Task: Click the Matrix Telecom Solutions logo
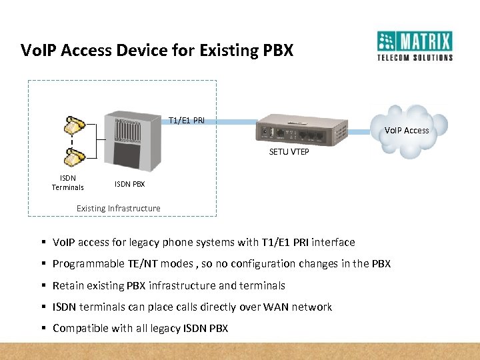(414, 45)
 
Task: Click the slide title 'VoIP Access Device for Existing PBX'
(157, 50)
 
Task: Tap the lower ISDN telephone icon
(74, 157)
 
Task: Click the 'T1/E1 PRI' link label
(187, 120)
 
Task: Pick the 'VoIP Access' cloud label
(407, 130)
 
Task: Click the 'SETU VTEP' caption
(289, 152)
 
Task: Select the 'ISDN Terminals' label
(68, 183)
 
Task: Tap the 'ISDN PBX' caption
(129, 184)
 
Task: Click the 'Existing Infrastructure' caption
(118, 208)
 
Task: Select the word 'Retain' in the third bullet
(68, 285)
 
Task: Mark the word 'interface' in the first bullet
(333, 242)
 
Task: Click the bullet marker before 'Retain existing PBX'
(43, 285)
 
